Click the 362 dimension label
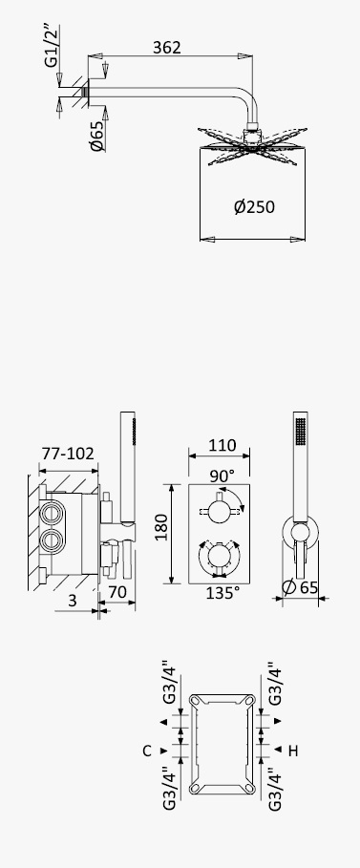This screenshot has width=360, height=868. (167, 48)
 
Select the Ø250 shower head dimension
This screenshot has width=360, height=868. (254, 207)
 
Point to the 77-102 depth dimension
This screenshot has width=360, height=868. (68, 454)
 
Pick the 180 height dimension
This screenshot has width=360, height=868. (160, 528)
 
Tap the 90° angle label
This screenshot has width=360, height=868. (222, 476)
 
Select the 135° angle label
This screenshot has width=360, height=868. (223, 593)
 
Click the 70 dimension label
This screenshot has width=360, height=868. (117, 592)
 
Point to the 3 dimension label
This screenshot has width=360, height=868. (73, 601)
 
